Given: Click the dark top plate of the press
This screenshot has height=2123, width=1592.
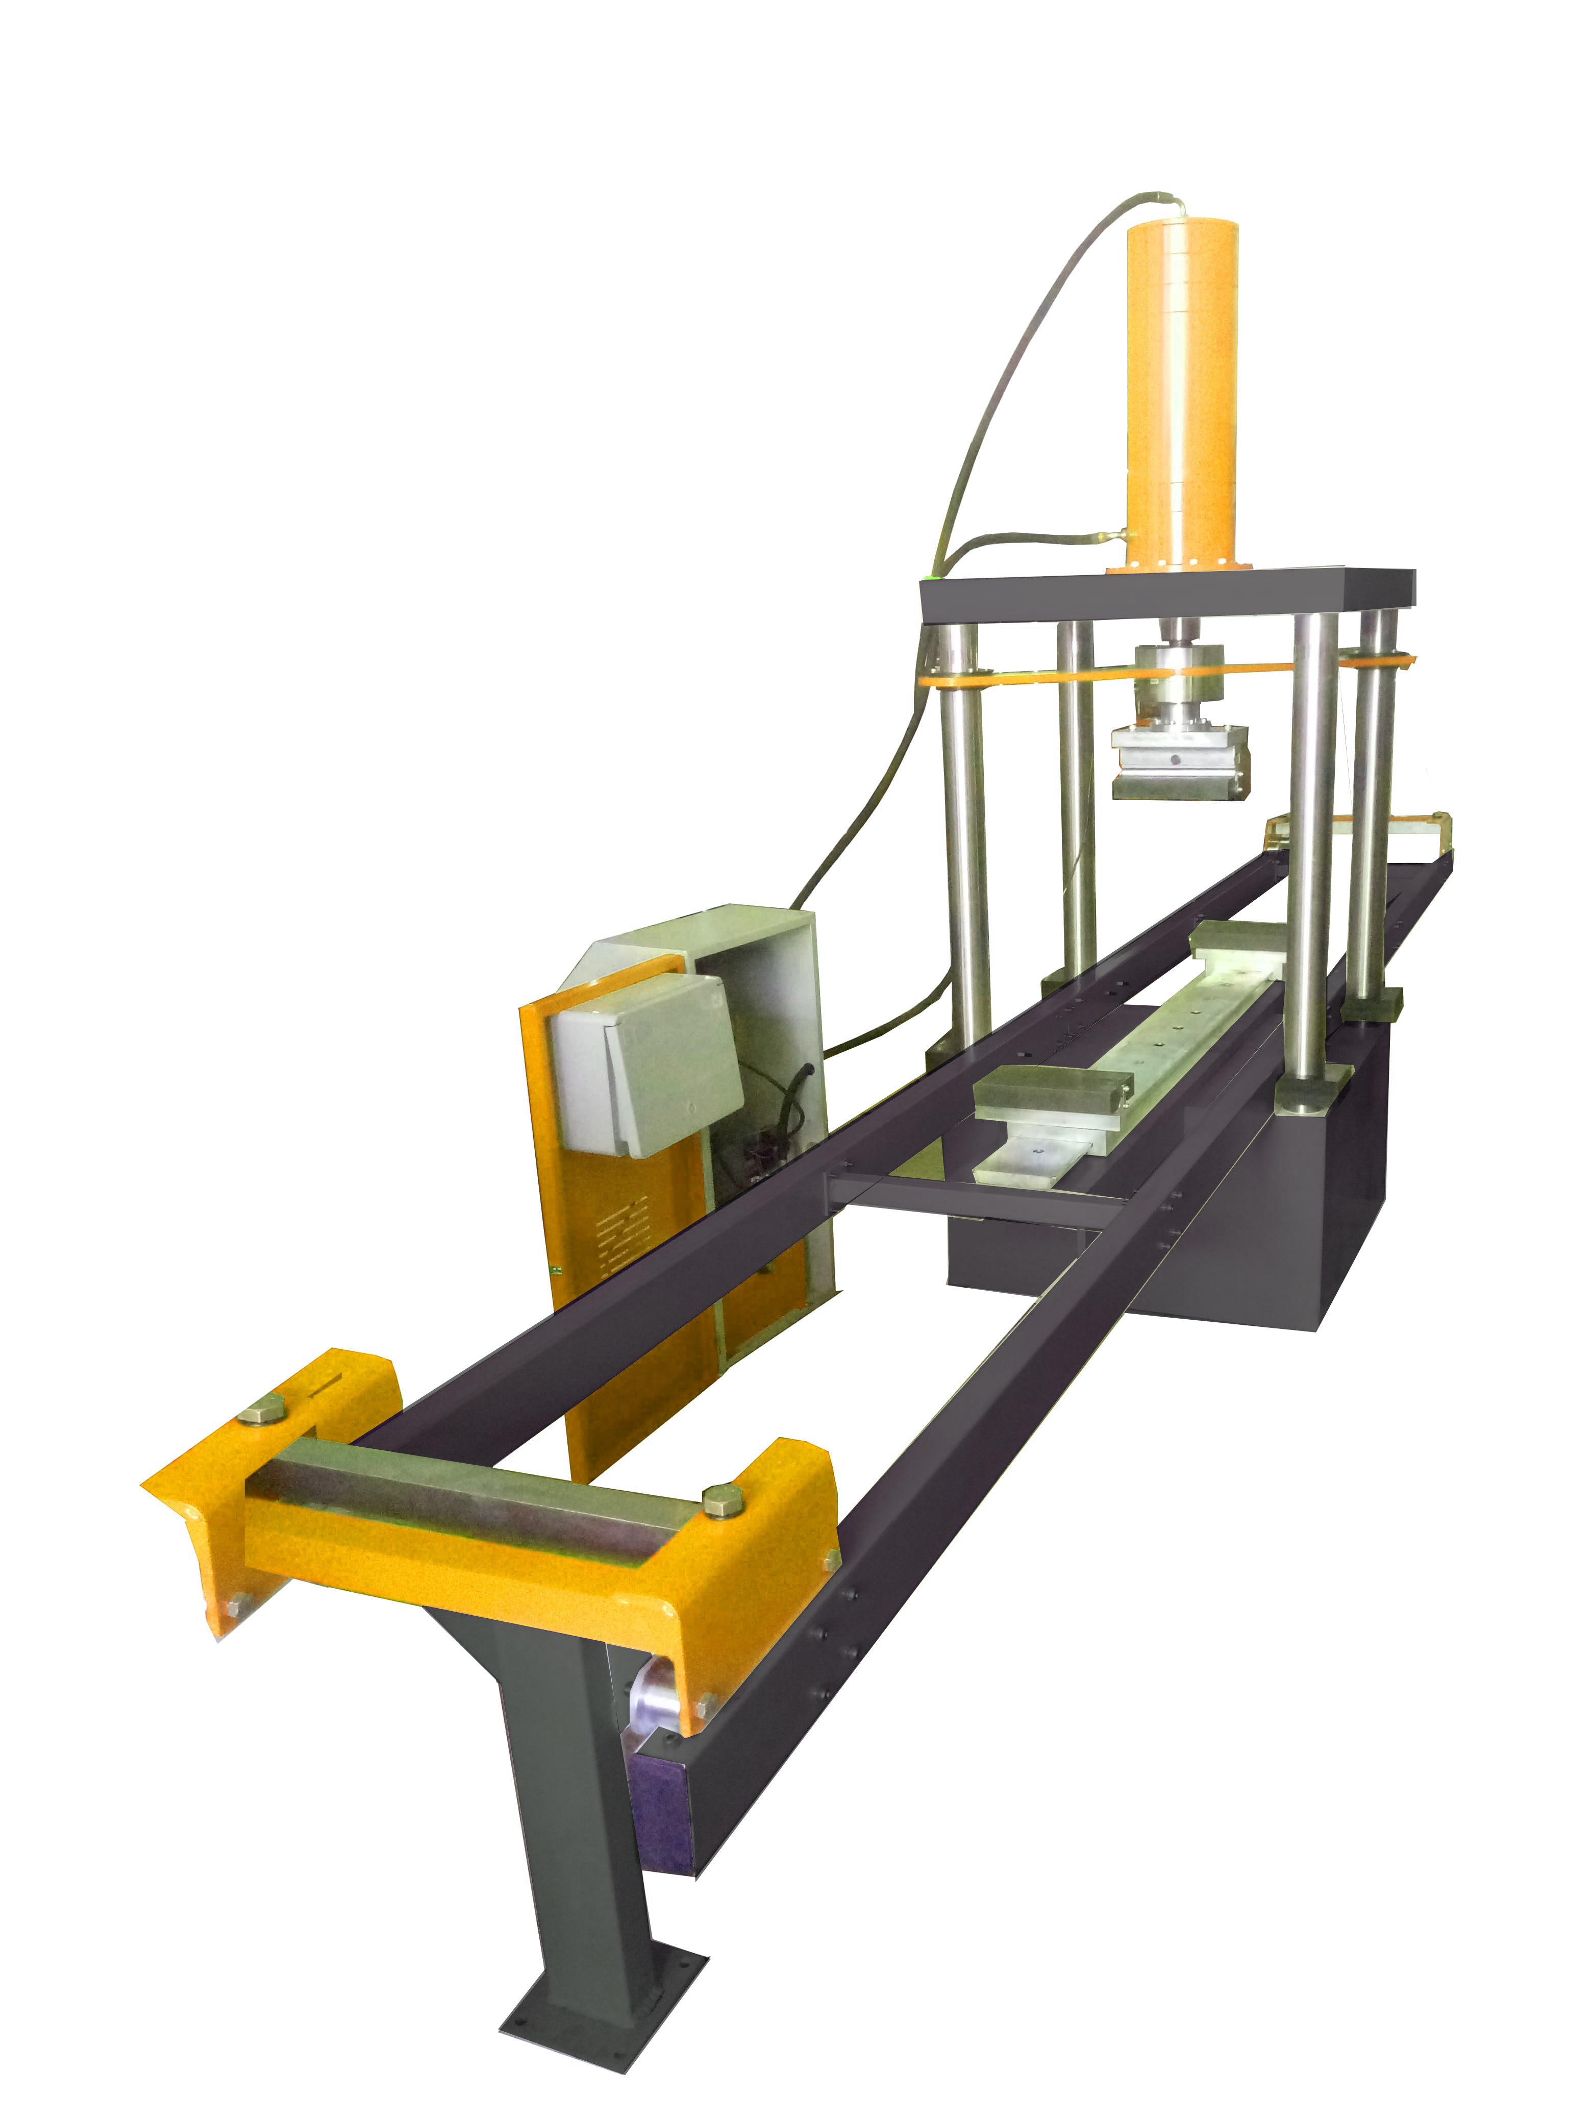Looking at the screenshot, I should click(1166, 595).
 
